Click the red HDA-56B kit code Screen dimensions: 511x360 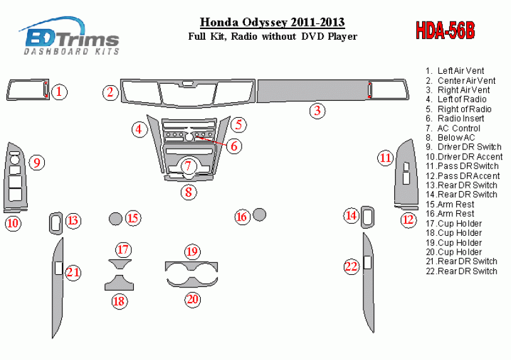click(x=445, y=31)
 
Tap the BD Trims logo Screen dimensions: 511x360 click(x=70, y=36)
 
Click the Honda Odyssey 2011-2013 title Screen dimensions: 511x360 click(x=272, y=22)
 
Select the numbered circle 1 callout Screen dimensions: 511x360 click(x=59, y=92)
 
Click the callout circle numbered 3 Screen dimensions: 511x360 click(x=317, y=111)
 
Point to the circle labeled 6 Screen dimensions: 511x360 click(x=234, y=146)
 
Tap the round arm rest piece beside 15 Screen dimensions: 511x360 click(x=115, y=219)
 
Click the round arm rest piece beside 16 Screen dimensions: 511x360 click(x=259, y=214)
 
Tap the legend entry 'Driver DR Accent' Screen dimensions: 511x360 click(x=464, y=157)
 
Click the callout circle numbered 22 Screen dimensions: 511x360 click(x=351, y=267)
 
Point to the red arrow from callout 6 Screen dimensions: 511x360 click(x=212, y=141)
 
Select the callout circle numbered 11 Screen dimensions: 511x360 click(x=385, y=158)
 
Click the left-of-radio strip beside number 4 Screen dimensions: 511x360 click(x=156, y=143)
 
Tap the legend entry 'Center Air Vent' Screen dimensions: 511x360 click(x=460, y=81)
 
